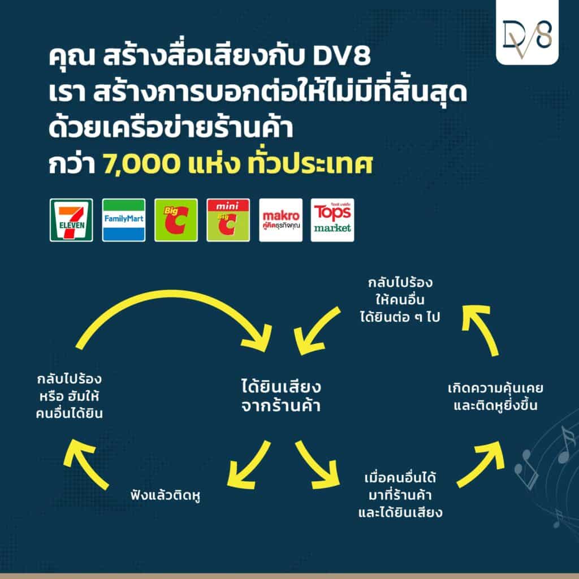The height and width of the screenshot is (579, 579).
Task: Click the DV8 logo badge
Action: [x=527, y=32]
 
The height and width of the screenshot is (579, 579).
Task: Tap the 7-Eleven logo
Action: [x=71, y=220]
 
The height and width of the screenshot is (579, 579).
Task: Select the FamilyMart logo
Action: [x=124, y=220]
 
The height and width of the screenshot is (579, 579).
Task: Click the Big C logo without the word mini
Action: [x=176, y=220]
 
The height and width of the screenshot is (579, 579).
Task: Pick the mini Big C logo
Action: [x=228, y=220]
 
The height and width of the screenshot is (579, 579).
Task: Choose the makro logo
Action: [x=280, y=220]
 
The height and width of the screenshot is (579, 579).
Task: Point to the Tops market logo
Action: [x=332, y=220]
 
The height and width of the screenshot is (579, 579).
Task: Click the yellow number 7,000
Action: [x=141, y=165]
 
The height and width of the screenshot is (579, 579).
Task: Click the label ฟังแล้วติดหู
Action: [x=166, y=495]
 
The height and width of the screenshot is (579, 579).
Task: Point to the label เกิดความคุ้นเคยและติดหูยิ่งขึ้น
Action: [x=495, y=397]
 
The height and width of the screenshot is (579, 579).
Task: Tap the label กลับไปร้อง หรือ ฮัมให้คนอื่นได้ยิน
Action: [x=70, y=396]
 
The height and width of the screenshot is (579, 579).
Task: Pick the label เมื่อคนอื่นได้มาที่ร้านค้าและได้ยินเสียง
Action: [x=400, y=495]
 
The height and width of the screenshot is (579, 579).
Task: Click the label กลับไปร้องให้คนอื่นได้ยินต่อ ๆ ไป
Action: [x=400, y=300]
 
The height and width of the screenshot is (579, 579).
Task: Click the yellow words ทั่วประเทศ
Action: [x=310, y=165]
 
